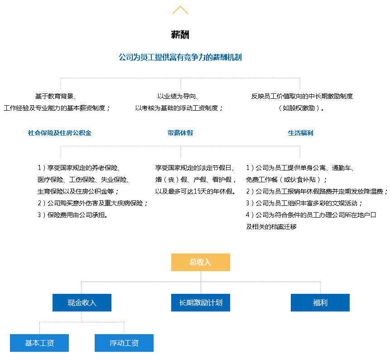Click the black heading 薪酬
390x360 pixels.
tap(180, 34)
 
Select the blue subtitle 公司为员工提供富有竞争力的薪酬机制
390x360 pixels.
tap(180, 57)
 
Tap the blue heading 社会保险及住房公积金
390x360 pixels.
tap(60, 133)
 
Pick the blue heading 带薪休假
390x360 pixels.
tap(180, 133)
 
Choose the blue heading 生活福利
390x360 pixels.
tap(300, 133)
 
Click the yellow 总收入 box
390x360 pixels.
tap(201, 262)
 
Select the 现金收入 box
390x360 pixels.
tap(82, 302)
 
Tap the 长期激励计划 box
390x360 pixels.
tap(201, 302)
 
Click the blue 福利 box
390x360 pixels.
tap(320, 302)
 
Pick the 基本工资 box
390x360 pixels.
tap(39, 343)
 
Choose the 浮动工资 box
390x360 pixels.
tap(124, 343)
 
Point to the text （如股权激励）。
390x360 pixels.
tap(300, 108)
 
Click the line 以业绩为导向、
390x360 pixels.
tap(178, 96)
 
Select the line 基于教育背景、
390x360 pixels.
tap(56, 96)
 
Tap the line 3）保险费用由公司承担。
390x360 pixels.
tap(72, 215)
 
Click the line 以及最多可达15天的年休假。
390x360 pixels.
tap(195, 191)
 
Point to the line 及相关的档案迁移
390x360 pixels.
tap(271, 227)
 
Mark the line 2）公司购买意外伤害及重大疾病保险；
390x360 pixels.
tap(92, 203)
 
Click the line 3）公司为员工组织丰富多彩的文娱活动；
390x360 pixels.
tap(304, 203)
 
